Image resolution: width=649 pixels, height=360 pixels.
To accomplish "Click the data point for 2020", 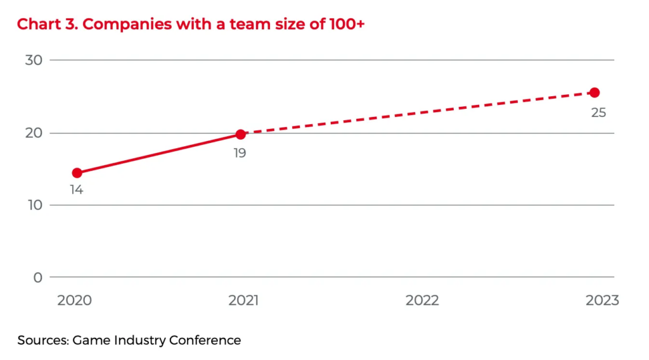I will point(77,173).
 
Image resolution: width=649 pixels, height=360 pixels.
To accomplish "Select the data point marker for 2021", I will point(241,134).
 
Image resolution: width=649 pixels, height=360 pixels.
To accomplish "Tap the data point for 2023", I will point(594,92).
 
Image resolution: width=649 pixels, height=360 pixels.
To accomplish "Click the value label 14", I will point(77,190).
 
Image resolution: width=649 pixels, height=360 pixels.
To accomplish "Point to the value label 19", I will point(239,152).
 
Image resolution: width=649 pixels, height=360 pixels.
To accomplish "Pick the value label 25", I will point(598,113).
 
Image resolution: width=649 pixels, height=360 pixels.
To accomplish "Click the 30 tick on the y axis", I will point(33,61).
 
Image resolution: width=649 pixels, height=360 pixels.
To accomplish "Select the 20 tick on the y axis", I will point(33,133).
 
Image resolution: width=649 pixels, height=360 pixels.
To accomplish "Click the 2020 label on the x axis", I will point(75,301).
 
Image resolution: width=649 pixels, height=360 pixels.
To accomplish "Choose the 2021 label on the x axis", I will point(243,301).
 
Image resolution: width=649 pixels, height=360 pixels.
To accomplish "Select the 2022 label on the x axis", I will point(422,301).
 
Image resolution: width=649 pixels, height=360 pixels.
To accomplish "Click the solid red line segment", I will point(158,154).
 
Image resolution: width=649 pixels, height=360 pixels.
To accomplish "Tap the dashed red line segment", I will point(418,113).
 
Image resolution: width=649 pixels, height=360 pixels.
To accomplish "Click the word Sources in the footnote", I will point(43,340).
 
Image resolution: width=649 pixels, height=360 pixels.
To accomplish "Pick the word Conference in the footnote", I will point(205,340).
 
